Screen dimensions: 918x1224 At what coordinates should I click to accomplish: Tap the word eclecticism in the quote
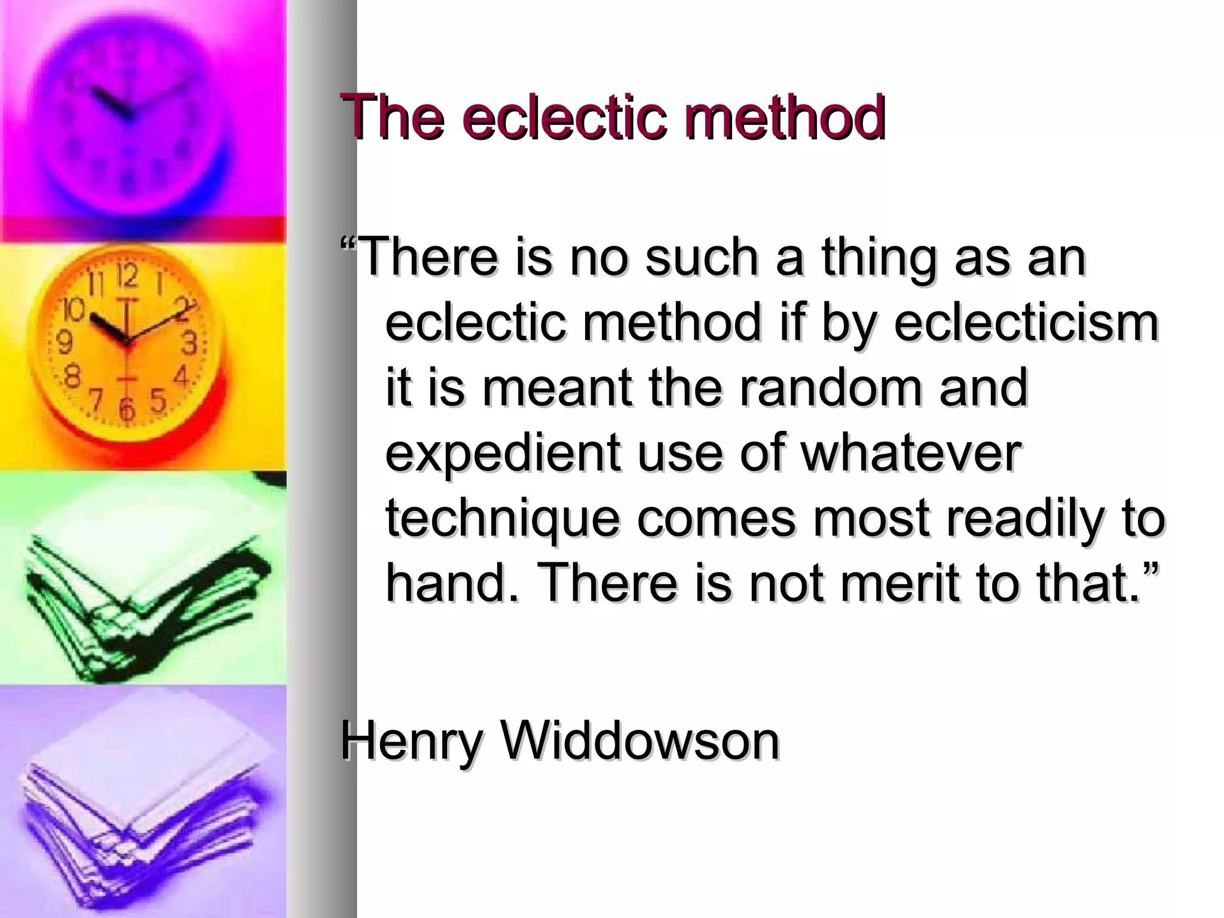pyautogui.click(x=1026, y=323)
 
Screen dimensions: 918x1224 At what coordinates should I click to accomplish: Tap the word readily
pyautogui.click(x=1023, y=519)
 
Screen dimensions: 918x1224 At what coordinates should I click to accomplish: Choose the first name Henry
pyautogui.click(x=411, y=741)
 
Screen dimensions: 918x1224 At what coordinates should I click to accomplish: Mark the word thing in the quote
pyautogui.click(x=877, y=258)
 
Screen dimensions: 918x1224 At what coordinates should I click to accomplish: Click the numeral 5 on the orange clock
pyautogui.click(x=157, y=399)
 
